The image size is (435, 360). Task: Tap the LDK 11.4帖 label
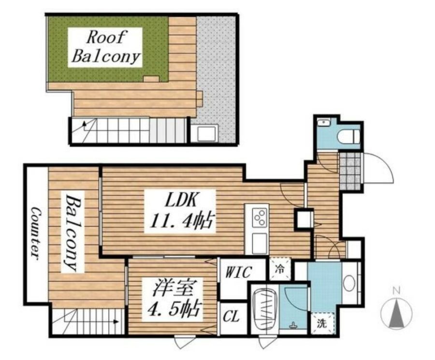pos(180,211)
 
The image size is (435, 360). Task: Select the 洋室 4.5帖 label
pos(174,299)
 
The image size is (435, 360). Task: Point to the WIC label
pos(238,273)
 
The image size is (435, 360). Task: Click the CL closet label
pos(232,317)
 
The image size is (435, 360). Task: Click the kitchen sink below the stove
pos(260,243)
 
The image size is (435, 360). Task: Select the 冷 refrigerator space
pos(280,269)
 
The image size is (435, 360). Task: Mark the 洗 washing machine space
pos(322,323)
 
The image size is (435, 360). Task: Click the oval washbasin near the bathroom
pos(349,283)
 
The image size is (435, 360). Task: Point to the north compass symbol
pos(396,314)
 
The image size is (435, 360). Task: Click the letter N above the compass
pos(397,290)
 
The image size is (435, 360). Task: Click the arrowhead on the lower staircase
pos(116,322)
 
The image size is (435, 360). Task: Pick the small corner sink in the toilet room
pos(323,122)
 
